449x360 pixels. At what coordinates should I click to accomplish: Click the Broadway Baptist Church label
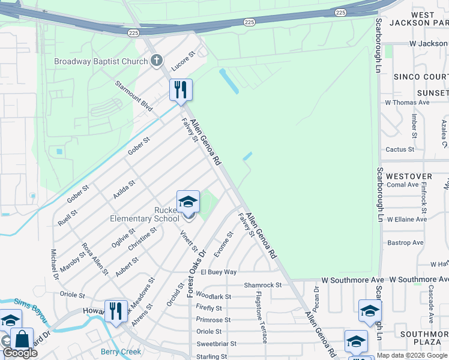tap(100, 61)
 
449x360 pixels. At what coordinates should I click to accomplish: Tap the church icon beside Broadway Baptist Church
tap(157, 61)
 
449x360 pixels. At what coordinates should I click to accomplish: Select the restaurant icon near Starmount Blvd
tap(181, 90)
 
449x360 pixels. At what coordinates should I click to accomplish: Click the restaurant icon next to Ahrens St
tap(116, 311)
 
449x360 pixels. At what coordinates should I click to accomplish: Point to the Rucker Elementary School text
tap(145, 214)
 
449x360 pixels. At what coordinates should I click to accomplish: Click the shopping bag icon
tap(22, 338)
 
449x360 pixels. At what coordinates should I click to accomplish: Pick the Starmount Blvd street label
tap(134, 95)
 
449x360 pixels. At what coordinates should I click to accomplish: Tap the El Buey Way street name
tap(218, 272)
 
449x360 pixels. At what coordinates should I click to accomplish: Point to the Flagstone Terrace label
tap(261, 317)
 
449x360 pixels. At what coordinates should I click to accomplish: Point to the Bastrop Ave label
tap(405, 242)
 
